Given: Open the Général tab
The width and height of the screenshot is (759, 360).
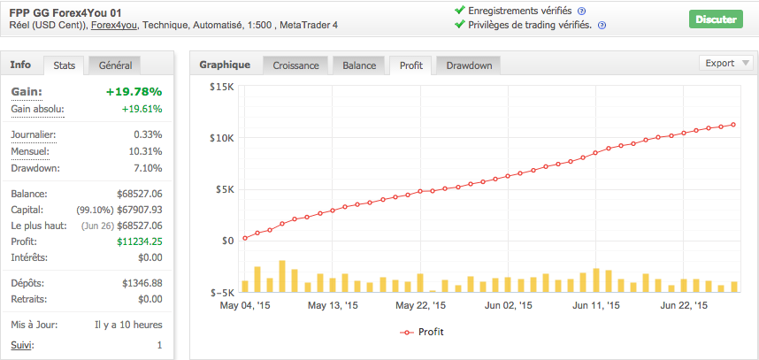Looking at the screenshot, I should [115, 65].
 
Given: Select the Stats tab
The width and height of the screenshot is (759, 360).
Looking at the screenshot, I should [64, 65].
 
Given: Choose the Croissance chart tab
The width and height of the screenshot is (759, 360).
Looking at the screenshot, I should [295, 65].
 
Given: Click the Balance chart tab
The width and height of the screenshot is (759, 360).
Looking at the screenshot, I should [359, 65].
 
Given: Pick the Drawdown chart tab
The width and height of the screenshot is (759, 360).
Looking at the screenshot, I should [469, 65].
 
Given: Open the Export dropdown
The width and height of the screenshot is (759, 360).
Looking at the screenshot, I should [725, 63].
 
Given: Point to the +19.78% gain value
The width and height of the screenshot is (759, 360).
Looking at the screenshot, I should [134, 91].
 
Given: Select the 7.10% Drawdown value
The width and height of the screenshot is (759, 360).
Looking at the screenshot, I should [147, 168].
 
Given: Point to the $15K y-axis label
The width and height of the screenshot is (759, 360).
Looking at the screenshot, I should [221, 87].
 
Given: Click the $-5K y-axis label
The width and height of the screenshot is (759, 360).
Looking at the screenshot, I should [221, 292].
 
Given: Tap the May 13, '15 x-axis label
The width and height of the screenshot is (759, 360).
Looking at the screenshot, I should [333, 306].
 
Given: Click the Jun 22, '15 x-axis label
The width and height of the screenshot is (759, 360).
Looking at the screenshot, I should [683, 306].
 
